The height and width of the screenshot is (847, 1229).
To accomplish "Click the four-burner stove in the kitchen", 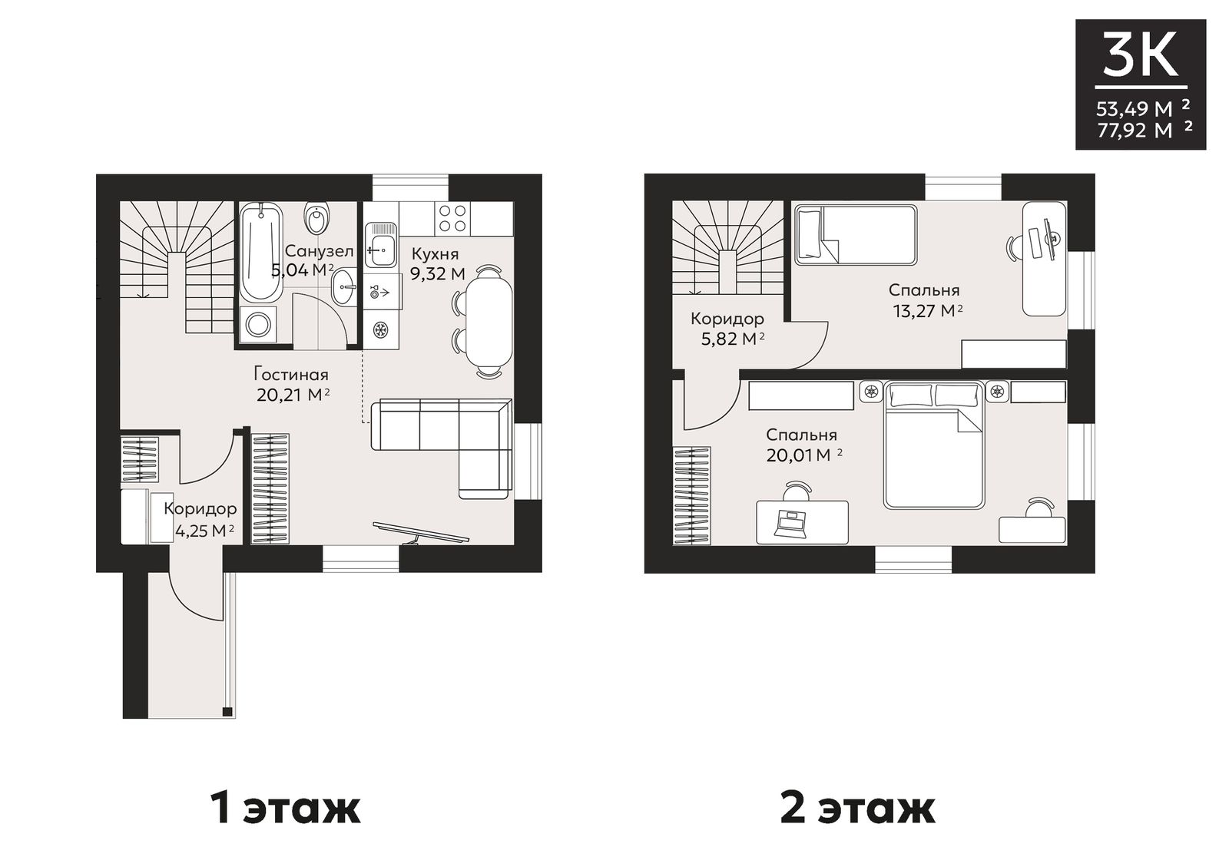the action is coord(453,219).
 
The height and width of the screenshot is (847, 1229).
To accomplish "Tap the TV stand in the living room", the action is coord(421,532).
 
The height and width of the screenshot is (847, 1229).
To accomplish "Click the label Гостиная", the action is coord(291,375).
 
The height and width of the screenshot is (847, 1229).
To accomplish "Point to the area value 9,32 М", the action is coord(437,273).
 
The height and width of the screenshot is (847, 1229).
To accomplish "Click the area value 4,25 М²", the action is coord(205,531).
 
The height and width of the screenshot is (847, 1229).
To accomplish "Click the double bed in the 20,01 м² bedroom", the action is coord(933,445).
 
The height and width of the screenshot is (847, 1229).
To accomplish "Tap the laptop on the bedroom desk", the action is coord(790,524).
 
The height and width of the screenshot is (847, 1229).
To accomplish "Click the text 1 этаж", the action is coord(285,808).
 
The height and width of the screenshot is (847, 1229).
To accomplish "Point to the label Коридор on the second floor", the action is coord(727,318).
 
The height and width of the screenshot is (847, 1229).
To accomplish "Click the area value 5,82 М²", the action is coord(733,339).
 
